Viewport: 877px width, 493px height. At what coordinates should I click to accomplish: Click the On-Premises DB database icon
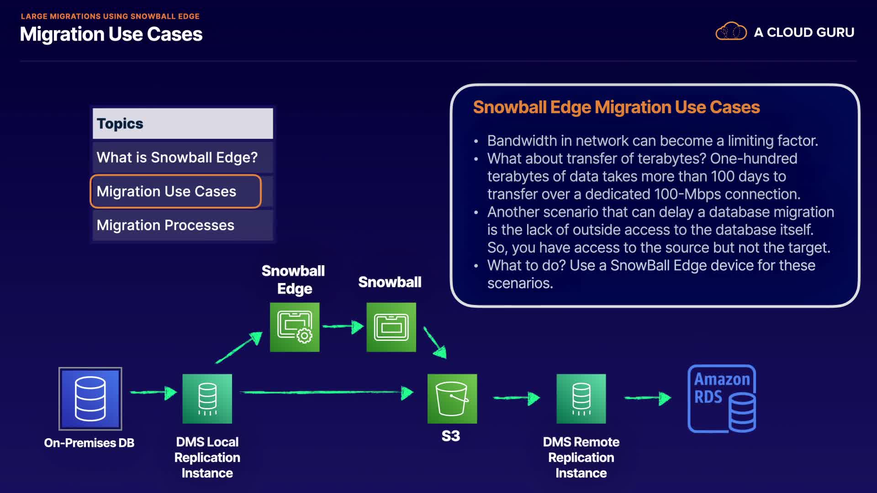click(90, 399)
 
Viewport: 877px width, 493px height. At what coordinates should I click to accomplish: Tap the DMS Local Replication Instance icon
click(207, 399)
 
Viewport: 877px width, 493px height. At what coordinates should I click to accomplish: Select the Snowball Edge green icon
click(295, 327)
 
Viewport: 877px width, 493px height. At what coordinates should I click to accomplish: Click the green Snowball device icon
click(391, 327)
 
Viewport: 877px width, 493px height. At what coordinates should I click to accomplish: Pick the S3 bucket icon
click(452, 399)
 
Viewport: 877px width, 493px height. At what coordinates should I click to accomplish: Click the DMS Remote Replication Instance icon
click(581, 399)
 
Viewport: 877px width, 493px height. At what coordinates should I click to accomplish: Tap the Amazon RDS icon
click(722, 399)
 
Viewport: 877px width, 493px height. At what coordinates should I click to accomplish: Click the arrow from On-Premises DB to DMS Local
click(153, 392)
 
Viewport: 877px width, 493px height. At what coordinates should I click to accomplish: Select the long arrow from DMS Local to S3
click(327, 392)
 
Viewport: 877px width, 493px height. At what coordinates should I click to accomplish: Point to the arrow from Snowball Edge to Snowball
click(343, 326)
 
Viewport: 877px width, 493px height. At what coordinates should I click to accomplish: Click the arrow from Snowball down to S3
click(435, 342)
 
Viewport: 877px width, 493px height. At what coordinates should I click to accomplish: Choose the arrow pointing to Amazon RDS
click(647, 398)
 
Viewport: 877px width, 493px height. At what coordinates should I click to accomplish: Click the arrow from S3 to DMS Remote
click(516, 398)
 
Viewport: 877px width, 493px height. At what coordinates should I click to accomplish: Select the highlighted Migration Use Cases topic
click(176, 191)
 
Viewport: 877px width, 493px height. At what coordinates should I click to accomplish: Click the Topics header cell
click(183, 124)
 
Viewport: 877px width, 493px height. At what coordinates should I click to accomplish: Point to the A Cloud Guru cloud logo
click(731, 31)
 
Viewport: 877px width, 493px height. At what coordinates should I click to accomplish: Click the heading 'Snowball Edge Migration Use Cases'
click(616, 107)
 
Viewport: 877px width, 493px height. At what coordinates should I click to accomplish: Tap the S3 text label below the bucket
click(451, 436)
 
